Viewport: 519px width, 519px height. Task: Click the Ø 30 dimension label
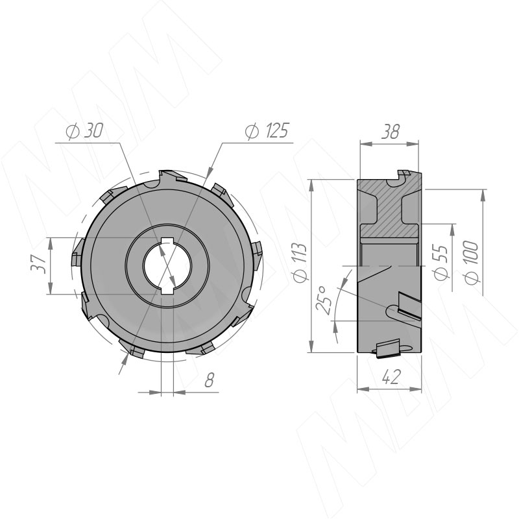coord(84,131)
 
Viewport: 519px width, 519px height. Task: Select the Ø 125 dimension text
coord(267,130)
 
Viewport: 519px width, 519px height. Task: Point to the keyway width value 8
coord(209,380)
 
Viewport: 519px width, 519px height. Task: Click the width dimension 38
coord(391,132)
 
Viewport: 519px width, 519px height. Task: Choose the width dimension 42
coord(391,377)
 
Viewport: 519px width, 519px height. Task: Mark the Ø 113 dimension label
coord(300,263)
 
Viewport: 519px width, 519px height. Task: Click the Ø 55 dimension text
coord(441,262)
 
